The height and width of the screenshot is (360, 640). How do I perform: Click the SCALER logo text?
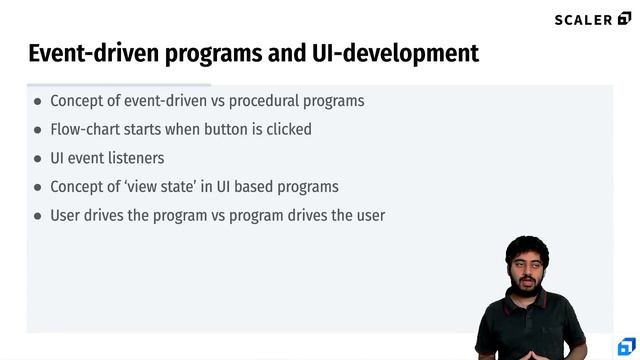(584, 19)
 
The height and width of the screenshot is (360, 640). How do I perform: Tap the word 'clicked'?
(288, 129)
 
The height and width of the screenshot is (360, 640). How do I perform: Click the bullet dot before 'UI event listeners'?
(38, 158)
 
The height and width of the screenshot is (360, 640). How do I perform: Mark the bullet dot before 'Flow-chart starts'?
(38, 130)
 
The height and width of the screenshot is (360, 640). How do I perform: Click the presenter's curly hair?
(526, 246)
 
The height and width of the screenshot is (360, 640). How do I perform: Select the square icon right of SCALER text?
(625, 19)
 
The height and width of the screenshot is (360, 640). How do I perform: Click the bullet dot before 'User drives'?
(38, 215)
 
